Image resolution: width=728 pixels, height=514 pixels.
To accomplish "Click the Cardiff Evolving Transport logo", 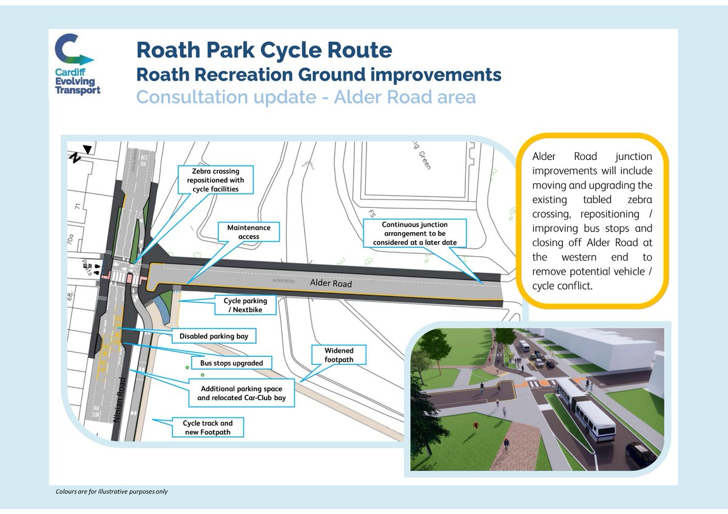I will tap(75, 64).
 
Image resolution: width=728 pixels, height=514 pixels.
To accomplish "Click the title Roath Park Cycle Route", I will tap(264, 49).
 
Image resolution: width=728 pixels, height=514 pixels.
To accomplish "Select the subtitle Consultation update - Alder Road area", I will tap(306, 97).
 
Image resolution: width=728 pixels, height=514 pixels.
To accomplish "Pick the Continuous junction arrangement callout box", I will tap(415, 233).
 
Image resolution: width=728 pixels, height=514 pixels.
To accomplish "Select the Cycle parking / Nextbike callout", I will tap(241, 305).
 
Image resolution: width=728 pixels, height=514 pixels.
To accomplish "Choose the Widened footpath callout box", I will tap(339, 355).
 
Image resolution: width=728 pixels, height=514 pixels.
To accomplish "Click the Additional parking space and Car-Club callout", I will tap(241, 393).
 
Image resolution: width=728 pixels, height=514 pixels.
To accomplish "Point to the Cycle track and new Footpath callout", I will tap(207, 427).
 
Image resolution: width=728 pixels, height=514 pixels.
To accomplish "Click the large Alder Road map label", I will tap(331, 283).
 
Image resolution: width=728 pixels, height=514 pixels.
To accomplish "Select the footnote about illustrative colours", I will tap(112, 491).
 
